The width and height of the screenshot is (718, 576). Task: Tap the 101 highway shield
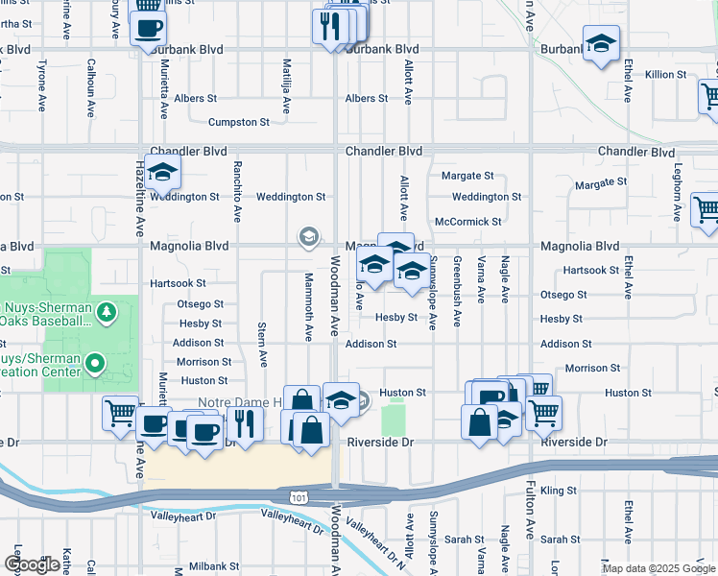pyautogui.click(x=299, y=493)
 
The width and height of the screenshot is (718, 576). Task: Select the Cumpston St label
pyautogui.click(x=239, y=123)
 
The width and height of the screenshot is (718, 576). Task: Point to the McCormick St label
pyautogui.click(x=467, y=222)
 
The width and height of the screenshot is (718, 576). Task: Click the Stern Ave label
pyautogui.click(x=262, y=345)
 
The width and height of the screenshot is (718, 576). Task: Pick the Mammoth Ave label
pyautogui.click(x=309, y=306)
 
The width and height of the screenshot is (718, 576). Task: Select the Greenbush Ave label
pyautogui.click(x=458, y=291)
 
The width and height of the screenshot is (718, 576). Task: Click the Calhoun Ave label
pyautogui.click(x=91, y=87)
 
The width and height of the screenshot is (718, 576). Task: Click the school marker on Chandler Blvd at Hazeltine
pyautogui.click(x=164, y=173)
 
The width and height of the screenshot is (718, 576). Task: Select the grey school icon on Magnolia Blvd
pyautogui.click(x=308, y=236)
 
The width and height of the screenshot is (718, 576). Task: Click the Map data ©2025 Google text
pyautogui.click(x=658, y=568)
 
